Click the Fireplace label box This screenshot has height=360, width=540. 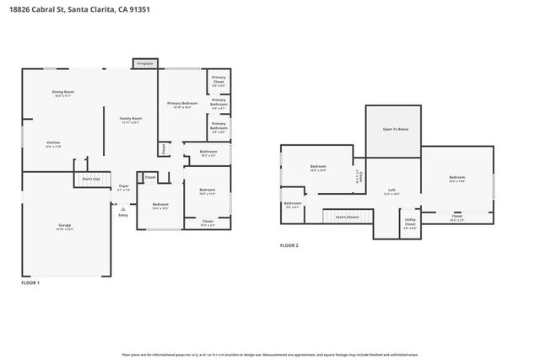(144, 63)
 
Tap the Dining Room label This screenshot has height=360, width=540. (63, 93)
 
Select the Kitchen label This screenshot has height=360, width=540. (53, 144)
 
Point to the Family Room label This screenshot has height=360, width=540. (130, 120)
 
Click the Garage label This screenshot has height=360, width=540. (65, 227)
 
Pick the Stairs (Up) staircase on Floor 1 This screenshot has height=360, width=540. (91, 179)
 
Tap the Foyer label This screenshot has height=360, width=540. (123, 187)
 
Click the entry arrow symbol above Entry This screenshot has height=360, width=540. (123, 207)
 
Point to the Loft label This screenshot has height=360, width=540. (391, 191)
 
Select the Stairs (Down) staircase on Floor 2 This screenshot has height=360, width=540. (348, 217)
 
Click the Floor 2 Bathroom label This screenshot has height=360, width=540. (293, 204)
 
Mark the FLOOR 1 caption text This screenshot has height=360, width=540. (30, 283)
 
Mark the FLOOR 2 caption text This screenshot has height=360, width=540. (289, 245)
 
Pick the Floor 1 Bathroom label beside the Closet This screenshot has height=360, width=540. (208, 153)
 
